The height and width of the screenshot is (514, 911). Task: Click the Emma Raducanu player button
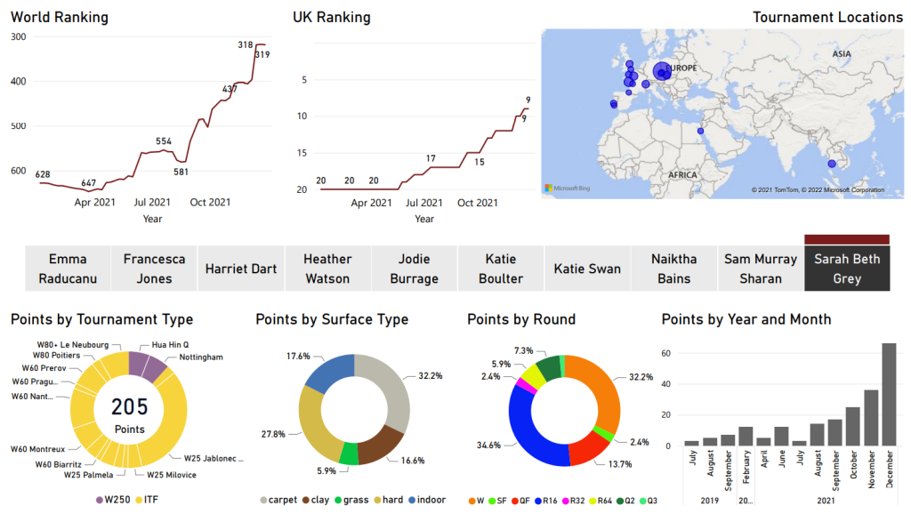[x=69, y=269]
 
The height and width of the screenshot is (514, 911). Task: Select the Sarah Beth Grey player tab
[x=847, y=269]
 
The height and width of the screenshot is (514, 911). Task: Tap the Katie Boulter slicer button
[x=500, y=269]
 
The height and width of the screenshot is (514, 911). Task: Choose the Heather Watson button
[x=327, y=269]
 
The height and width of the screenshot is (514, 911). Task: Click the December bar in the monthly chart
[x=889, y=394]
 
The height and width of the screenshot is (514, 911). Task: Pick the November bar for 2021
[x=871, y=417]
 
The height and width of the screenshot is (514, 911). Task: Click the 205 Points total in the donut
[x=129, y=412]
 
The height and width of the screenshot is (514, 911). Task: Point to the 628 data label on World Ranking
[x=43, y=174]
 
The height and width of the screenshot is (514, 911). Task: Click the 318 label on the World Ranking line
[x=246, y=44]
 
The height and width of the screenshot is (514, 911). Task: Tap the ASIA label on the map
[x=842, y=54]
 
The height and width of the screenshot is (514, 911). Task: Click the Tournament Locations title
[x=827, y=17]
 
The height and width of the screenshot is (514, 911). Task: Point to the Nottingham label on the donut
[x=201, y=357]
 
